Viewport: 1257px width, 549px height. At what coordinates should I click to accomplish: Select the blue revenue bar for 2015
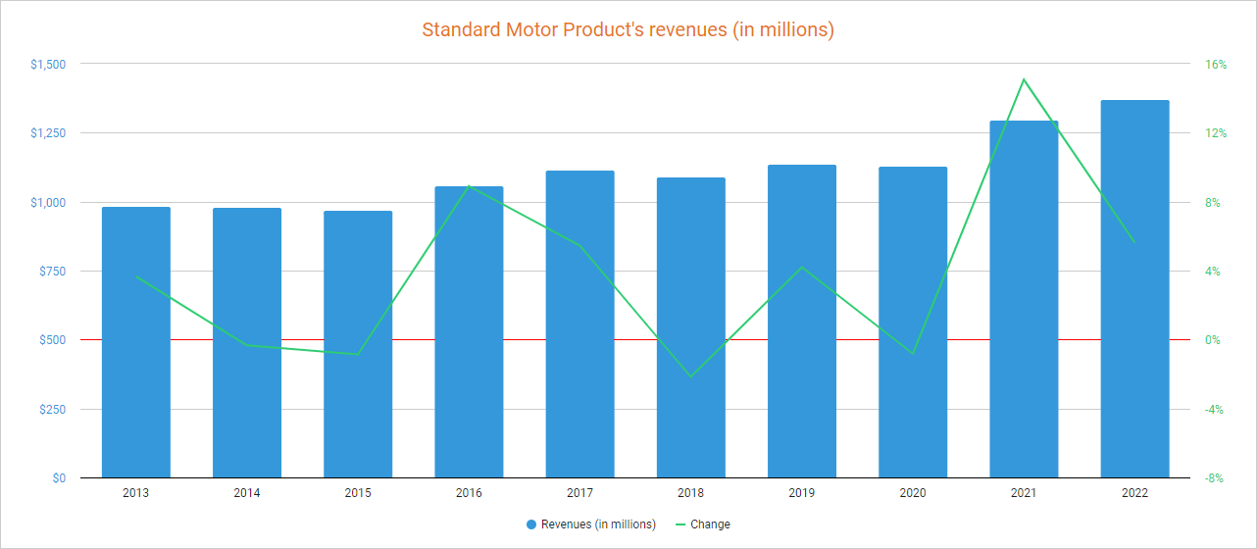[358, 344]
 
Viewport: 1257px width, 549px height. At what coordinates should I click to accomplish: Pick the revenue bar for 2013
[136, 342]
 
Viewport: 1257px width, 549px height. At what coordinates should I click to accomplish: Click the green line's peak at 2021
[1024, 79]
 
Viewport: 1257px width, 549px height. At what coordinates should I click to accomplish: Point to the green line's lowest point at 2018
[690, 376]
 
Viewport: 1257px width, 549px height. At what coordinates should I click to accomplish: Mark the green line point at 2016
[469, 185]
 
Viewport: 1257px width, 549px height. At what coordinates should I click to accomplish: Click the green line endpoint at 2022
[1134, 242]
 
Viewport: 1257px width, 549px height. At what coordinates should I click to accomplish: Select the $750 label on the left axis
[51, 272]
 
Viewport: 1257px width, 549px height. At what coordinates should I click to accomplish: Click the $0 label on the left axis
[59, 478]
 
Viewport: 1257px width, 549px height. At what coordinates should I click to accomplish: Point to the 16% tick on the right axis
[1216, 65]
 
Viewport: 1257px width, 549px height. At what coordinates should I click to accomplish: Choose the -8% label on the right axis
[1214, 478]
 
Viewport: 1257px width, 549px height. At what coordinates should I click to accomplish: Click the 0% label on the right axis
[1213, 340]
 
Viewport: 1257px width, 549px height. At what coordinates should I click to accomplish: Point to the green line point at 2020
[913, 353]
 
